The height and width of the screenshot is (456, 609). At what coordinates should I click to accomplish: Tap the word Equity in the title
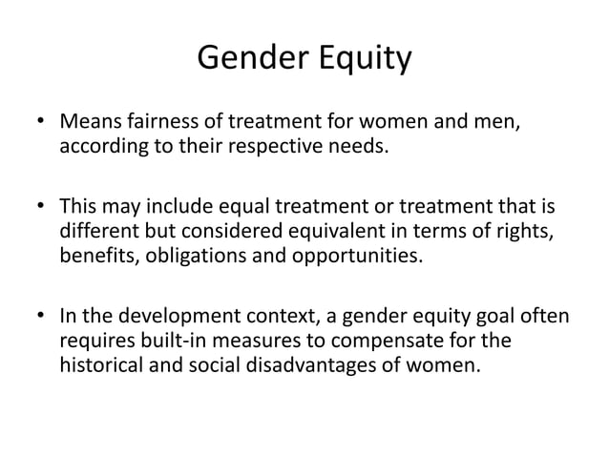click(362, 59)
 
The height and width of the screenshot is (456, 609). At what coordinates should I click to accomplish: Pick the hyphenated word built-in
click(162, 339)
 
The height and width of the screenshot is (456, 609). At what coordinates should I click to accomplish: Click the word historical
click(99, 363)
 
